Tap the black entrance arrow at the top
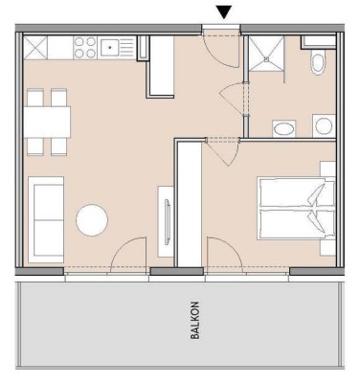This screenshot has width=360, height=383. pos(223,12)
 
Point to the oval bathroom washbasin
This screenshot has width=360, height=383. pos(283,127)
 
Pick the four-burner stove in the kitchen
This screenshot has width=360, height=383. pos(84,45)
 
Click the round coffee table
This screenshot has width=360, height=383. pos(93,220)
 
